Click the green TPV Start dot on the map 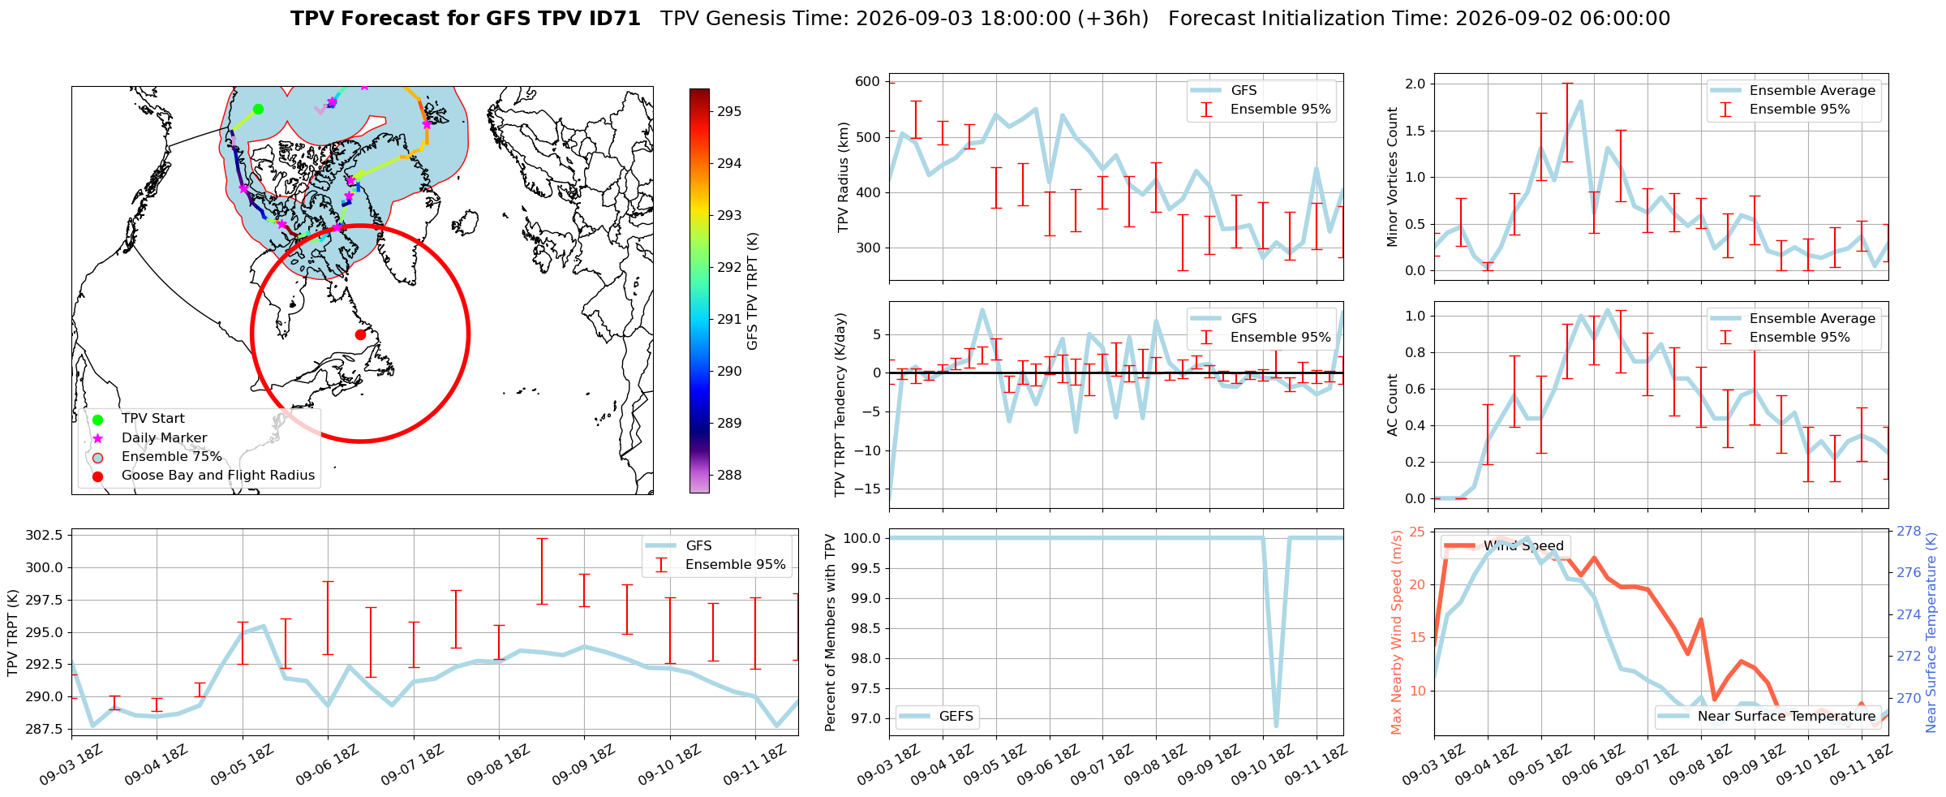click(x=258, y=109)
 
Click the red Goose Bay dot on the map click(x=360, y=334)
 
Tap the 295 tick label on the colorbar click(x=729, y=111)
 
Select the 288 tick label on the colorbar click(x=729, y=475)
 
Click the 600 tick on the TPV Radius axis click(x=867, y=81)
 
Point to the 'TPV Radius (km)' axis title click(x=844, y=177)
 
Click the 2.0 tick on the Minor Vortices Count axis click(x=1415, y=84)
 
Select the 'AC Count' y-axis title click(x=1393, y=405)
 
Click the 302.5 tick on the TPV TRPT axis click(x=45, y=535)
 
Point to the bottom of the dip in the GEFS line click(x=1276, y=725)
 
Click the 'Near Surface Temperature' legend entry click(x=1767, y=716)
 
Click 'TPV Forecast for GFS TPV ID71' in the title click(x=466, y=19)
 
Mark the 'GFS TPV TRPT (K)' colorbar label click(x=752, y=291)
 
